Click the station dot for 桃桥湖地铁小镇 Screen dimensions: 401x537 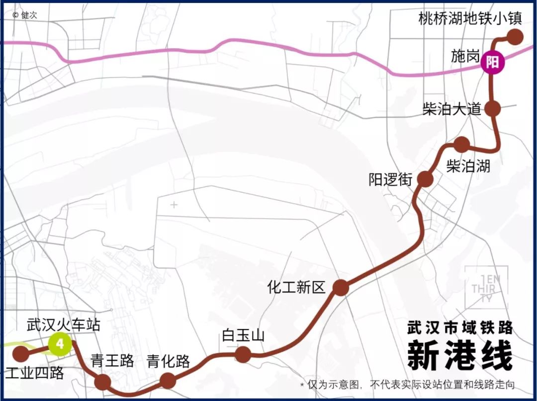point(515,37)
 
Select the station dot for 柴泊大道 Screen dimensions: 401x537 point(492,108)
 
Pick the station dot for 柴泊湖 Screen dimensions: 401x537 point(462,144)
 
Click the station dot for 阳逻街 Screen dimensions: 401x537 point(425,179)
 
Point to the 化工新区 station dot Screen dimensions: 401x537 point(341,287)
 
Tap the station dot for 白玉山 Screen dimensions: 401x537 point(243,354)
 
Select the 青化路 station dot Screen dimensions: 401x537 point(168,381)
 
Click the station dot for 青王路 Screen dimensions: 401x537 point(102,382)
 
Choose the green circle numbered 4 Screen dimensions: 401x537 point(60,344)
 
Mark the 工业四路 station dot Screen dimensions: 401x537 point(20,354)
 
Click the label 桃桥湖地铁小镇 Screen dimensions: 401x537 point(469,19)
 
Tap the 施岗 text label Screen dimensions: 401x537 point(465,56)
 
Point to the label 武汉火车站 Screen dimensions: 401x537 point(63,325)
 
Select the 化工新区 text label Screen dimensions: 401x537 point(296,287)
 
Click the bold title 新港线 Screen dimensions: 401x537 point(459,355)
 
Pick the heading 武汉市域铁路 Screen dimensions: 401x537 point(459,328)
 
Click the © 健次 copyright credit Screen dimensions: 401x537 point(25,15)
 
